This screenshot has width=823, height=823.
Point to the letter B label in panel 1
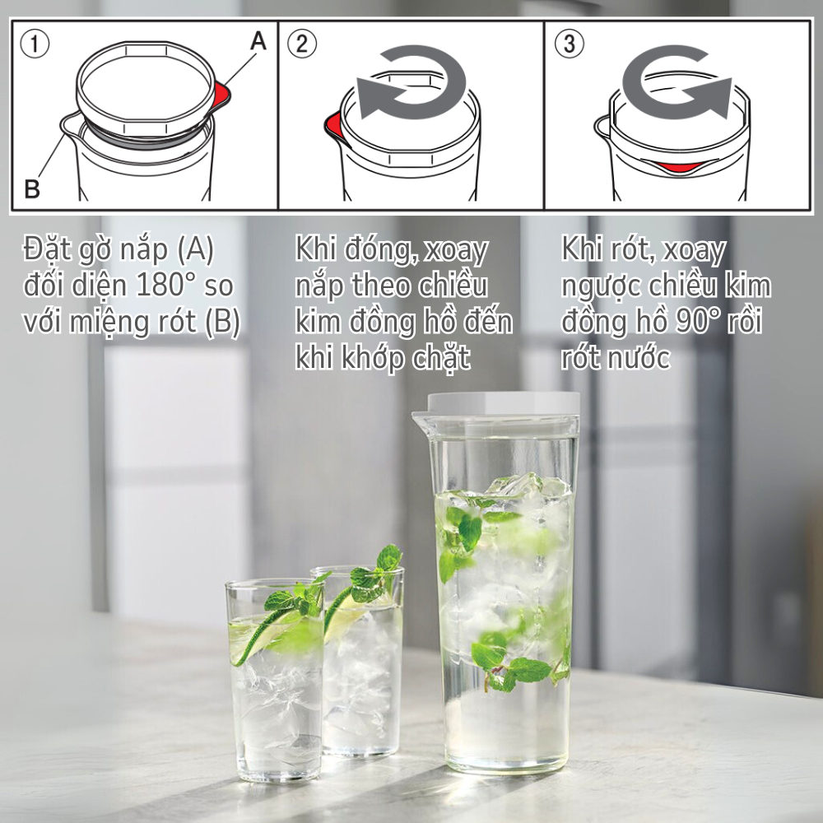[x=32, y=189]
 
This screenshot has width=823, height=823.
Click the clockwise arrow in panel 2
[x=411, y=82]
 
